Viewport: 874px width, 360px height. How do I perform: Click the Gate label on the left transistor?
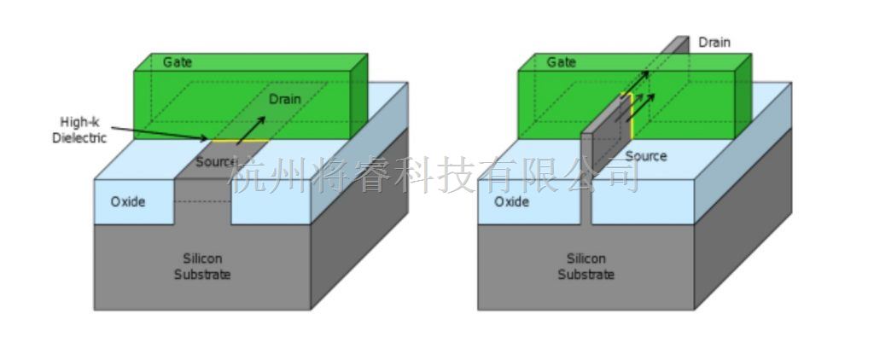(178, 62)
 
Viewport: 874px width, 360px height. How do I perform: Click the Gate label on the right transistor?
(561, 62)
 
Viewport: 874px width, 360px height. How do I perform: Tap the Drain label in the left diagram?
(284, 100)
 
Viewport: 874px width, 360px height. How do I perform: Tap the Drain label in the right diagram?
(714, 42)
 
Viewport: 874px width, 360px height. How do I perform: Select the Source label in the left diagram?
(215, 162)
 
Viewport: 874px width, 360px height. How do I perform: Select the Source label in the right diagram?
(646, 156)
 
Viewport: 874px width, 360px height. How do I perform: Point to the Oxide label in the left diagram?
(127, 202)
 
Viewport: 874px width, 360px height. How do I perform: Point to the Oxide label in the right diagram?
(511, 202)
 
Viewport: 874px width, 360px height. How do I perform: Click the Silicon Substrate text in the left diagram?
(202, 266)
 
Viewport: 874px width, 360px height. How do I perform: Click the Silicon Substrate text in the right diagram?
(586, 266)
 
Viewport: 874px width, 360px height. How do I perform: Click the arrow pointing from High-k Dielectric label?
(162, 132)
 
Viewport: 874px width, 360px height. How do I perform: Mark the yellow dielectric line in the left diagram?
(239, 142)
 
